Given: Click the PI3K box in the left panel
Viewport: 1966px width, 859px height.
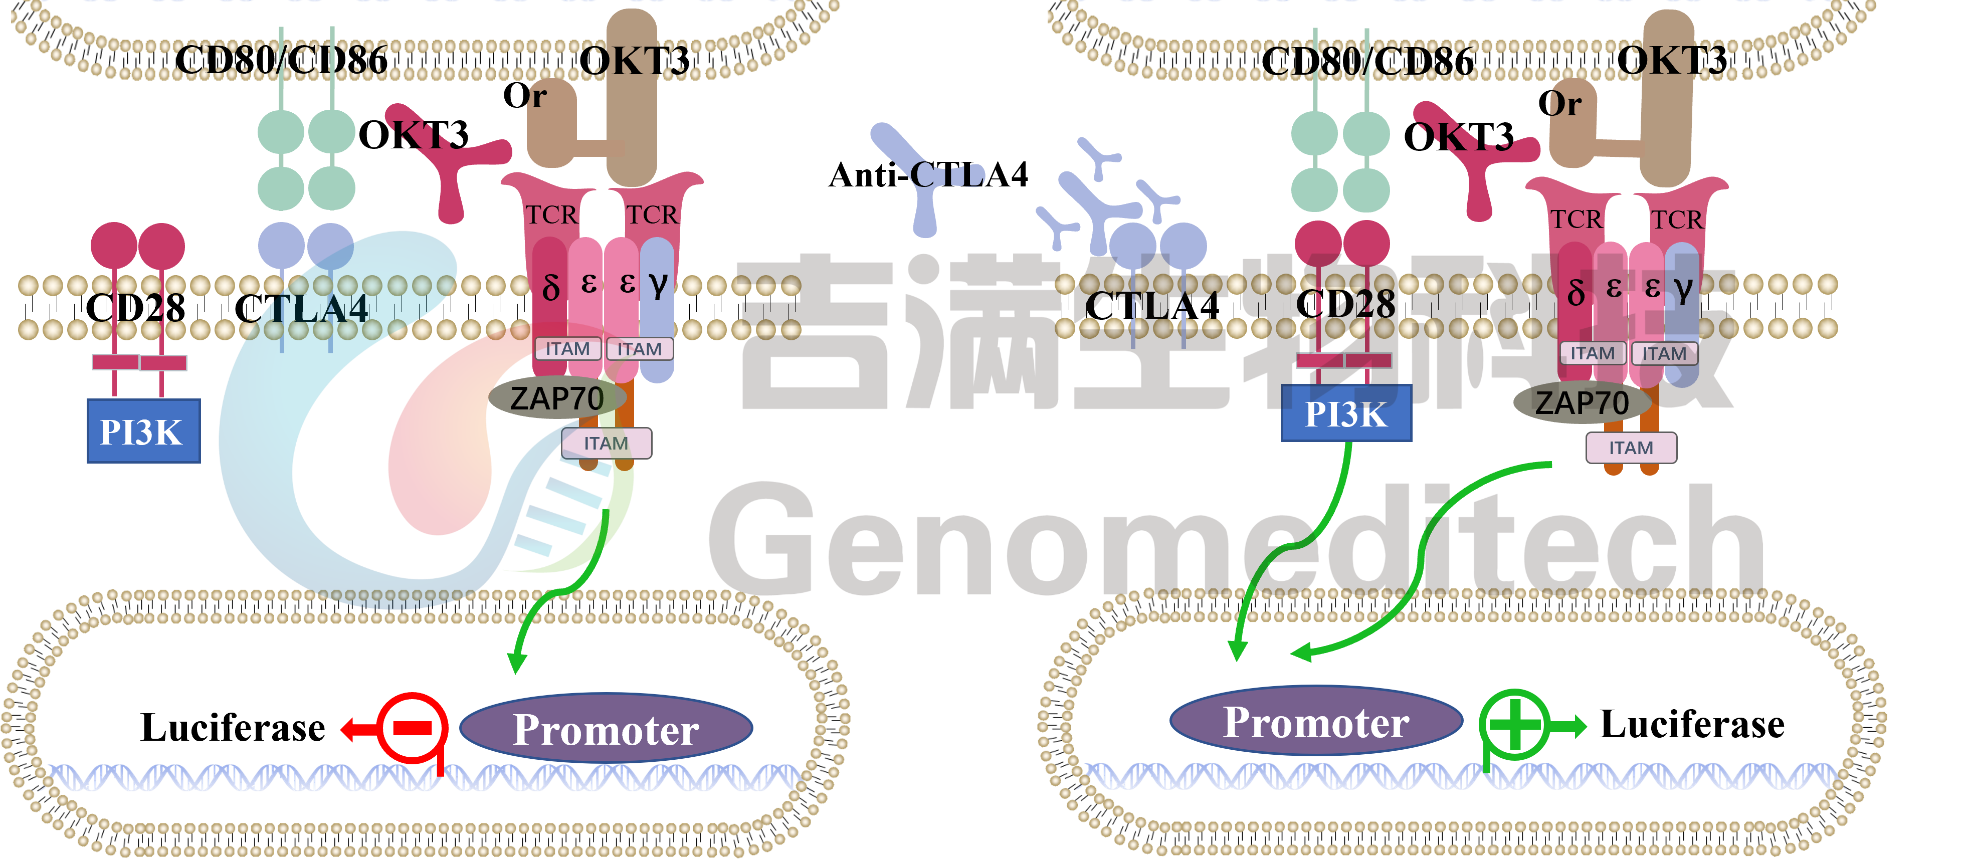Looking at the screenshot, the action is pos(143,431).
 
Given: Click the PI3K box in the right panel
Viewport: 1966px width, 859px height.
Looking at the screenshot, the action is pos(1346,413).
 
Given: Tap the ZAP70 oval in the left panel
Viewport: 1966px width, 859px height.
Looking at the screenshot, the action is pos(557,397).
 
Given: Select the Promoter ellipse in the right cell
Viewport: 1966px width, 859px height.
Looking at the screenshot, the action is pos(1316,721).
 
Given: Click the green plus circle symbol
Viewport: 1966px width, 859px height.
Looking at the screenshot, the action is pos(1515,725).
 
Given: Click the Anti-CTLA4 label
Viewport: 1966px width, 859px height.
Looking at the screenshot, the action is pos(928,175).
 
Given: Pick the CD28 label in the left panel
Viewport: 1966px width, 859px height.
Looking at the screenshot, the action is pos(135,308).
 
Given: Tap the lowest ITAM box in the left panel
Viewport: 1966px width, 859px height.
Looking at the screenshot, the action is pos(607,443).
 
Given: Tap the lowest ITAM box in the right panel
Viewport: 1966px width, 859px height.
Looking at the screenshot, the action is pos(1632,448).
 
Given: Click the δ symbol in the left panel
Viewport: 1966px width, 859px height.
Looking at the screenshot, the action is pos(551,288).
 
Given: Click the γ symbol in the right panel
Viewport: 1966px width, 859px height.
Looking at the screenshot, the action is pos(1684,288).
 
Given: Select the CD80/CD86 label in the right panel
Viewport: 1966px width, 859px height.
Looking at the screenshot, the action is pos(1367,61).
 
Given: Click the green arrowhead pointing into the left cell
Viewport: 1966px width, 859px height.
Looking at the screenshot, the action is pos(517,662).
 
